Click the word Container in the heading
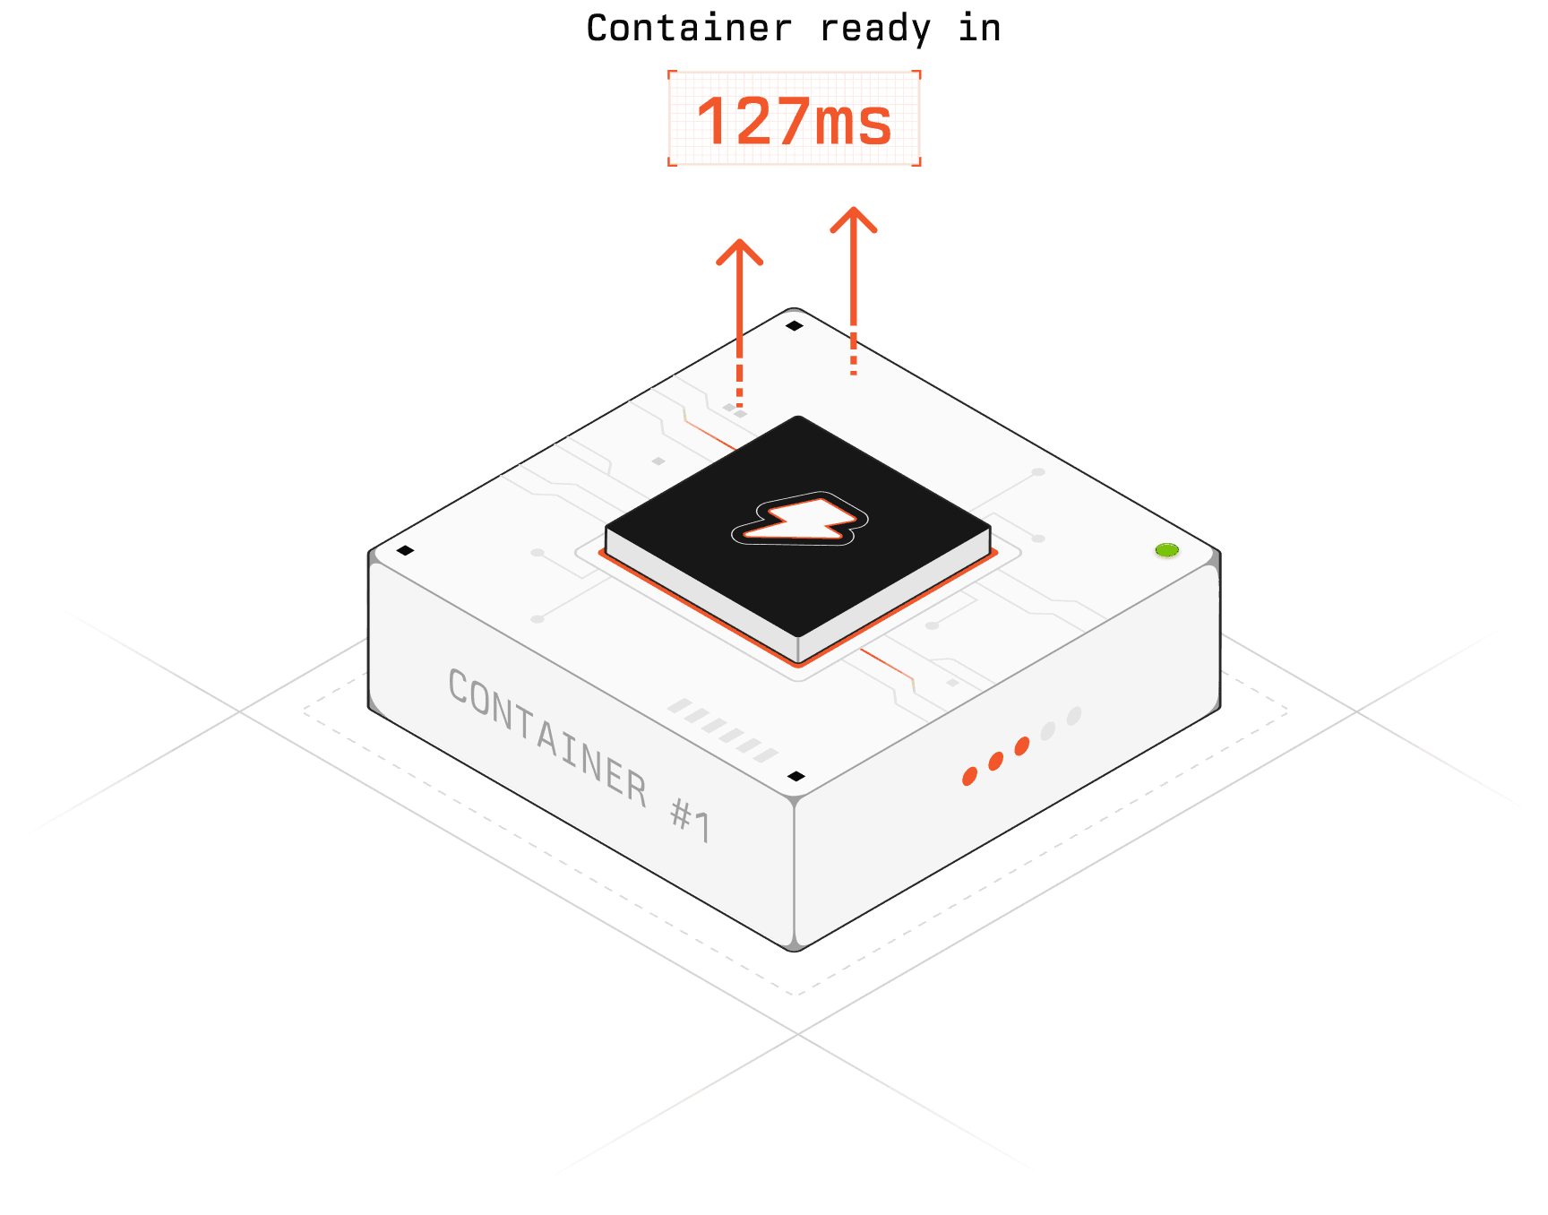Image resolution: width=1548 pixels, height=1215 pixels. pos(689,29)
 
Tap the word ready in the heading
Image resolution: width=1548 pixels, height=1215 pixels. pos(875,29)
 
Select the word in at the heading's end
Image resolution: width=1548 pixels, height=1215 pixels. pos(979,29)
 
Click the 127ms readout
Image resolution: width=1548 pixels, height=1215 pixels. pos(795,119)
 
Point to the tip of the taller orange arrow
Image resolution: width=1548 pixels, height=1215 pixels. pos(854,210)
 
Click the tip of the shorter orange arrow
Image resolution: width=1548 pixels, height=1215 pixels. pos(740,241)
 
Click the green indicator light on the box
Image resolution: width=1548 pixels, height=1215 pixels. pos(1166,550)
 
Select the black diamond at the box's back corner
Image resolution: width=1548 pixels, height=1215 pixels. pos(794,325)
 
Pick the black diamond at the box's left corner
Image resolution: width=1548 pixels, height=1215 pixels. pos(405,550)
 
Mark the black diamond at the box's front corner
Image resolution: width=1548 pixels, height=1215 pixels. pos(795,776)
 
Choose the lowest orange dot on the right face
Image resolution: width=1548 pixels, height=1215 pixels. pos(969,776)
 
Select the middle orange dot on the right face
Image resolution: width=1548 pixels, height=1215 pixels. pos(995,762)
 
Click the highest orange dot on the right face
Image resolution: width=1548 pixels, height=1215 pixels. pos(1021,746)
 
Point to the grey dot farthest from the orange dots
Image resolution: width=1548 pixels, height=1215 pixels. pos(1074,715)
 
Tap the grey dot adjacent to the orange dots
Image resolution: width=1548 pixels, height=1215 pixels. pos(1048,730)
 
